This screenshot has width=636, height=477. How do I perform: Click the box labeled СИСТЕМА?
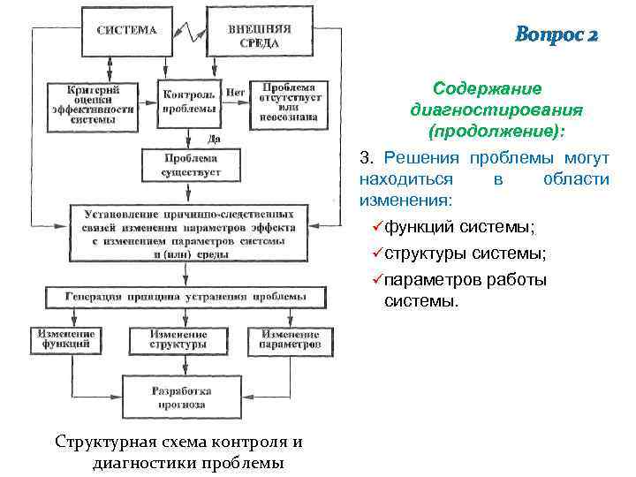pyautogui.click(x=127, y=30)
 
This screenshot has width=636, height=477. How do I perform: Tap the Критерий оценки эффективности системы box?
pyautogui.click(x=105, y=105)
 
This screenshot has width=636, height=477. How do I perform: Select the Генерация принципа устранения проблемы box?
pyautogui.click(x=185, y=297)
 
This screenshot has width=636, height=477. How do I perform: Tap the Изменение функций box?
pyautogui.click(x=67, y=340)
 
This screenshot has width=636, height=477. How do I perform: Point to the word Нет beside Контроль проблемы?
pyautogui.click(x=235, y=92)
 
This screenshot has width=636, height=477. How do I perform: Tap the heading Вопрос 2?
pyautogui.click(x=556, y=35)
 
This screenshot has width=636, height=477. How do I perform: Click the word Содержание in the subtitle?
pyautogui.click(x=488, y=89)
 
